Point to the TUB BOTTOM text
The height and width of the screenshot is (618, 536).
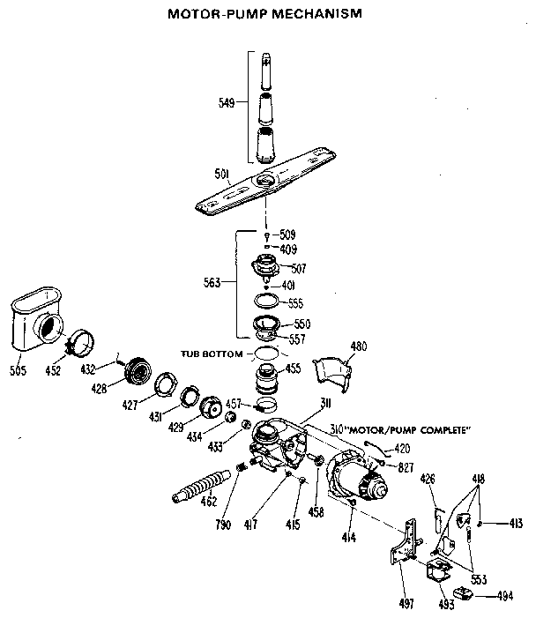[212, 354]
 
